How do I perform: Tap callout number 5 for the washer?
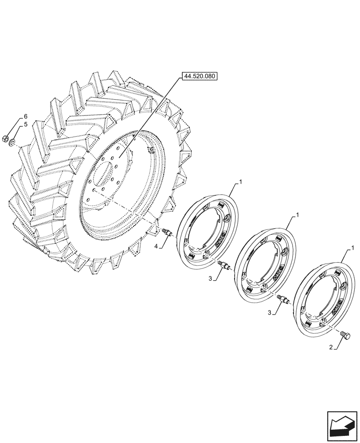pos(26,125)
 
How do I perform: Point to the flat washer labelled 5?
pos(13,141)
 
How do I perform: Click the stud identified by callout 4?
pos(167,232)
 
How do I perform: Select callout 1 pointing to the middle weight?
pos(297,214)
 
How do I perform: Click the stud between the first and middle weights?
pos(224,265)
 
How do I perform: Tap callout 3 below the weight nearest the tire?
pos(211,278)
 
